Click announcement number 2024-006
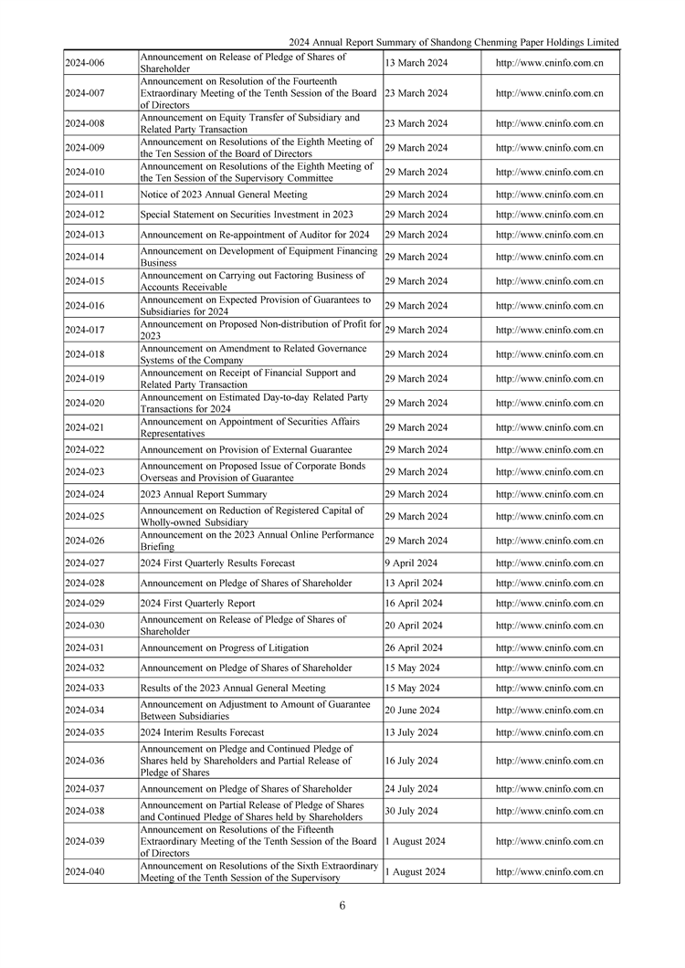(85, 63)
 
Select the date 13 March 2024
(416, 63)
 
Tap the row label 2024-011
(85, 195)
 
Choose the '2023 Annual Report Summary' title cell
(204, 494)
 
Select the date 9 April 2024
(411, 563)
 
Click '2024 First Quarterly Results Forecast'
(217, 563)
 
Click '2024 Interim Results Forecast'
(202, 732)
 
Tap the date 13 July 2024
(411, 732)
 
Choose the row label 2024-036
(85, 761)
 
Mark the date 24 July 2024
(411, 789)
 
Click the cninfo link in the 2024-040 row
(549, 872)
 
